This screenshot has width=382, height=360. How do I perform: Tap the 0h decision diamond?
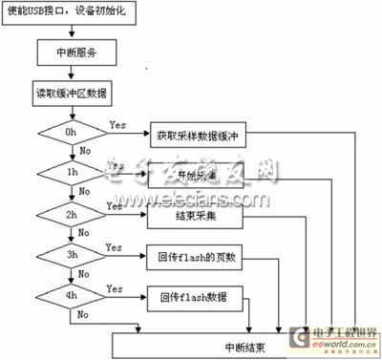coord(69,134)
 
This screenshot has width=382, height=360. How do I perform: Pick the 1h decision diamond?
coord(69,173)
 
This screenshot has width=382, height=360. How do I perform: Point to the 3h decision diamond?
coord(69,256)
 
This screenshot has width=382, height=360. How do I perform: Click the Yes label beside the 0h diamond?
coord(119,124)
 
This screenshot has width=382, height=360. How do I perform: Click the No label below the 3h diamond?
coord(84,275)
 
